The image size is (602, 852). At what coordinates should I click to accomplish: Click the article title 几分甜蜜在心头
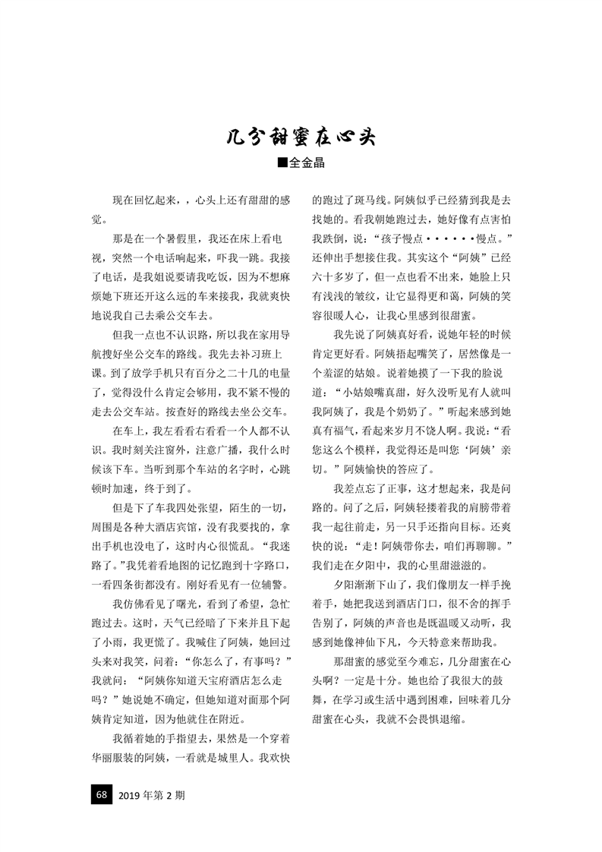click(301, 138)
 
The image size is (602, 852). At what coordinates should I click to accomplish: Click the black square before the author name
click(282, 163)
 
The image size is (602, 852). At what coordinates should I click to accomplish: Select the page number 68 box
click(101, 795)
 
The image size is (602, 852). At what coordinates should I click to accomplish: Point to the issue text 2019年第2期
click(152, 796)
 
